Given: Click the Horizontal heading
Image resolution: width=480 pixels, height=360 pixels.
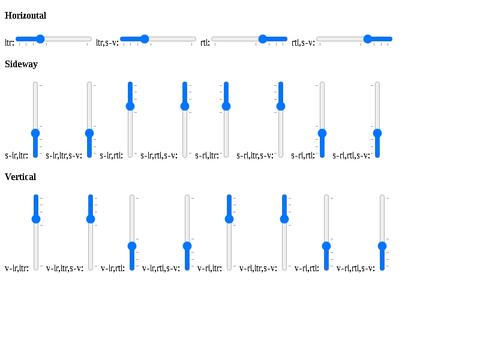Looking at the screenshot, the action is (x=25, y=16).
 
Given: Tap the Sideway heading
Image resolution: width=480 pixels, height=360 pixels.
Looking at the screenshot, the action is (x=21, y=64).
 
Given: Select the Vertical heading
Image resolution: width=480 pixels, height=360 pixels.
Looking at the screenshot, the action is (x=20, y=176).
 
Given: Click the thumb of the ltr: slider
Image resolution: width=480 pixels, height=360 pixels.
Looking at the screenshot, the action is (x=40, y=39).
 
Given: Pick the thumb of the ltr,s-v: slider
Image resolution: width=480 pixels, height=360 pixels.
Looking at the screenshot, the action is (x=145, y=39).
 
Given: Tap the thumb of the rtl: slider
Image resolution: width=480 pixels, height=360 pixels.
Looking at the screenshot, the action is (x=263, y=39).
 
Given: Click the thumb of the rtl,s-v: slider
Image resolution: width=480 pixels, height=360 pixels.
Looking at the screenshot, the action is (x=367, y=39).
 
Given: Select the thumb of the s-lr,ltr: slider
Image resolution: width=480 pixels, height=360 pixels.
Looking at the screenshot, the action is (x=35, y=133).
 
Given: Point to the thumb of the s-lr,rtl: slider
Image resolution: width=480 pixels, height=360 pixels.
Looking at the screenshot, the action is (x=130, y=106).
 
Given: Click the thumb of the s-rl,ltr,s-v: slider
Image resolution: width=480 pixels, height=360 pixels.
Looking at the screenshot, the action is (x=281, y=106).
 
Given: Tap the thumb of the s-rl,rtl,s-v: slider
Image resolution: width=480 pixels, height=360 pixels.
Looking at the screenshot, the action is (x=377, y=133).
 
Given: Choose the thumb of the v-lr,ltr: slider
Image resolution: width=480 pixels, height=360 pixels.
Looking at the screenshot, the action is (x=36, y=219).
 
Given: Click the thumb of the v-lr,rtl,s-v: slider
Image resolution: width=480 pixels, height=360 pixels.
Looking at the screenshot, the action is (x=187, y=246).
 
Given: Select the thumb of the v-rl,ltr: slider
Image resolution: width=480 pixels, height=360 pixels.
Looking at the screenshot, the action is (x=229, y=219).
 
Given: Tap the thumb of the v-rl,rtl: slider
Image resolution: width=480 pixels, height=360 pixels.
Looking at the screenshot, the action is (x=326, y=246).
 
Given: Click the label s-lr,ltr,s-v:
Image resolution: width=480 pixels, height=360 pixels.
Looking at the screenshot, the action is (x=64, y=155).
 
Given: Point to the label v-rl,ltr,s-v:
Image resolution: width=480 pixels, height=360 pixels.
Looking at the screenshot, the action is (x=258, y=268).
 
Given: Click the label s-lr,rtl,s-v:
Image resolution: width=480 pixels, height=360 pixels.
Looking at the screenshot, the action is (x=159, y=155).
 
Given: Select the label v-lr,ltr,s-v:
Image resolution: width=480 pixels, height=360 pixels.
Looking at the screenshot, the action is (x=65, y=268).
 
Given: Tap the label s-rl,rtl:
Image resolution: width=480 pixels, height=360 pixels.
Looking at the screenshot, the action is (x=303, y=155).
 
